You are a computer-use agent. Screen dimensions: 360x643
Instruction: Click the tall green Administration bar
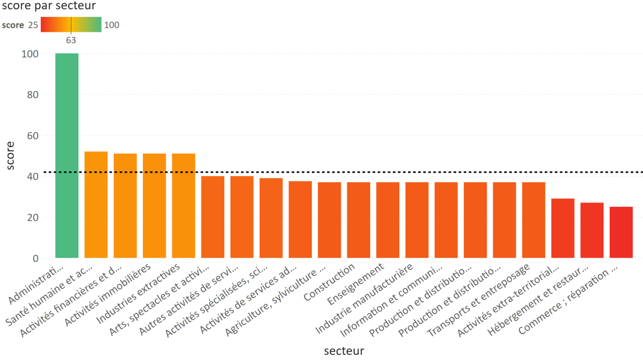pos(67,156)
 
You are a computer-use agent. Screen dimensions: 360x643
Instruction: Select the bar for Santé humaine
pos(96,205)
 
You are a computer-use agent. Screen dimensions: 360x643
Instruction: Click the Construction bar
pos(359,220)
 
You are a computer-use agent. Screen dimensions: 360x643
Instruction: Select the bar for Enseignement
pos(388,220)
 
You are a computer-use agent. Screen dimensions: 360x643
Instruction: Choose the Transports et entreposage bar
pos(534,220)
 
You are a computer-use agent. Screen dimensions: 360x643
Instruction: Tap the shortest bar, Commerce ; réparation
pos(621,233)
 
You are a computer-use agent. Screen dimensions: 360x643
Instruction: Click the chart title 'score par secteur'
pos(49,6)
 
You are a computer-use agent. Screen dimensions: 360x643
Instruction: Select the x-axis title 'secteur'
pos(343,350)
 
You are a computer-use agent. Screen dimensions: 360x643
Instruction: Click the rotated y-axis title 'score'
pos(11,156)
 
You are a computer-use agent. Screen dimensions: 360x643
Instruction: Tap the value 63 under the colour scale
pos(71,40)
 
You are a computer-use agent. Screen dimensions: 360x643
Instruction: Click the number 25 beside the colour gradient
pos(33,25)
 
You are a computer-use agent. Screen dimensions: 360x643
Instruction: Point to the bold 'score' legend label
pos(13,25)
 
